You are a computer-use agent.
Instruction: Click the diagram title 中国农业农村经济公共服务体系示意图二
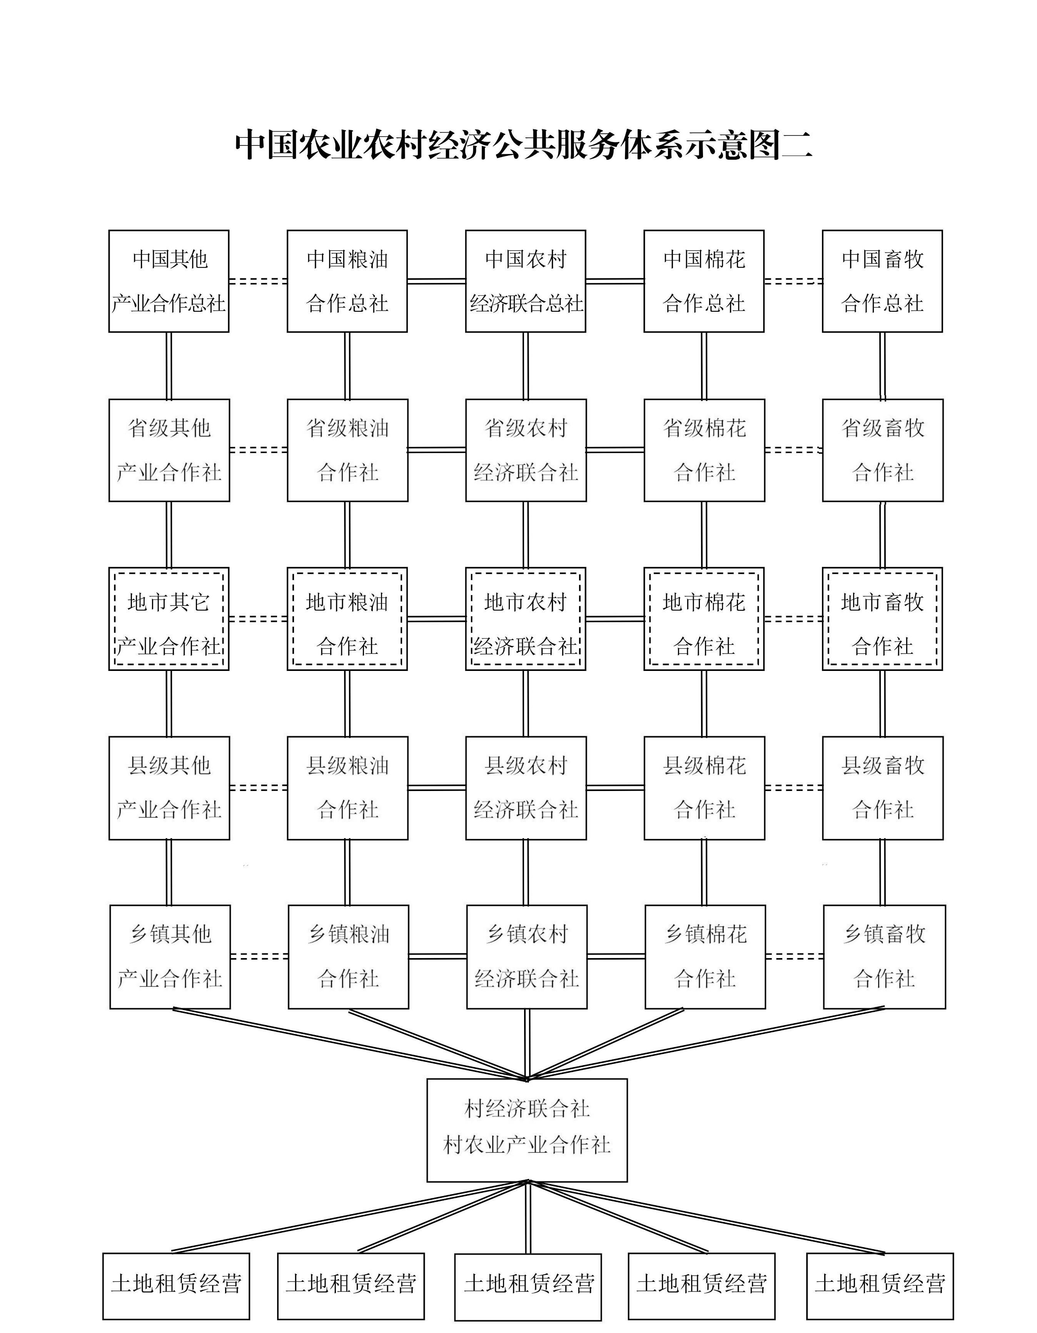(x=523, y=145)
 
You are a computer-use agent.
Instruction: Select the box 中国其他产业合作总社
(x=169, y=281)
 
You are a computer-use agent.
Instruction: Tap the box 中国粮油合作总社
(x=347, y=281)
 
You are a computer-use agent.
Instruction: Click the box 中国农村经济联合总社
(x=525, y=281)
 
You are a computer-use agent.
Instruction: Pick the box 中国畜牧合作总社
(x=882, y=281)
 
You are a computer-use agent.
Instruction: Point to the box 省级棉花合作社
(x=704, y=450)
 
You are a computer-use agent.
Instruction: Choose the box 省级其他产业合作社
(x=169, y=450)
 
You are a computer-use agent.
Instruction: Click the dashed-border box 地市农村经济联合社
(x=525, y=619)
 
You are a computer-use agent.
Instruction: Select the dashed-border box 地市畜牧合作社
(x=882, y=619)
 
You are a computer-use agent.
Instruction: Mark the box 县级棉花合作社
(x=704, y=788)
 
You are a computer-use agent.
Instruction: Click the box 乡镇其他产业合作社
(x=170, y=957)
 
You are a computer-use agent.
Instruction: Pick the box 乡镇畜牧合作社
(x=884, y=957)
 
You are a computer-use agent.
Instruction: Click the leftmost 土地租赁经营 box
(x=176, y=1286)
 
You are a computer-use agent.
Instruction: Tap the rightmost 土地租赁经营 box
(x=880, y=1286)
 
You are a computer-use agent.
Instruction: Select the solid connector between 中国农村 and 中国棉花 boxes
(x=615, y=281)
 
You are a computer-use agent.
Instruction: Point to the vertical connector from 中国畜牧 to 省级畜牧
(x=882, y=366)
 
